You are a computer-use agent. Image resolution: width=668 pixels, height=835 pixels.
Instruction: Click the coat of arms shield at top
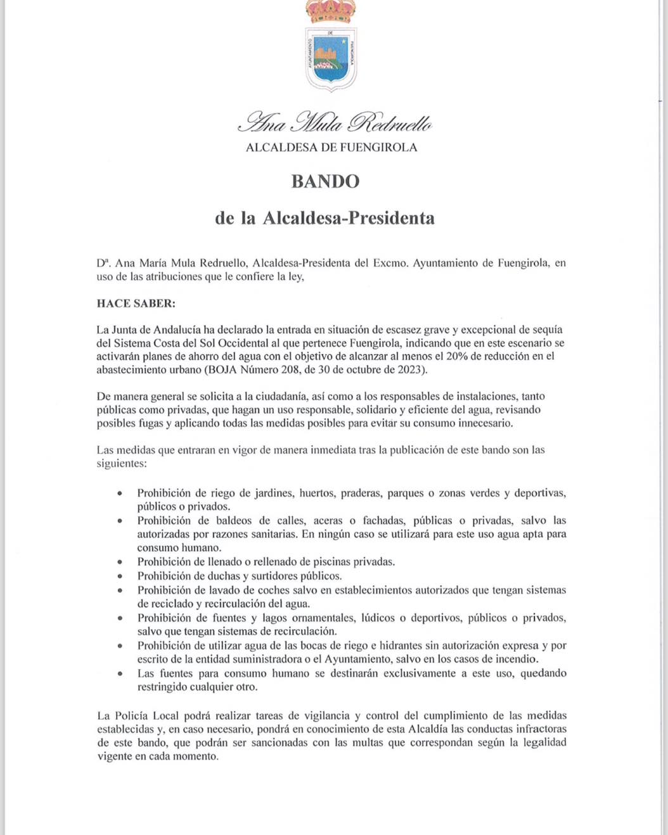331,59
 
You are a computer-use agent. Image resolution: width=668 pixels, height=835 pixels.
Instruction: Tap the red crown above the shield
331,11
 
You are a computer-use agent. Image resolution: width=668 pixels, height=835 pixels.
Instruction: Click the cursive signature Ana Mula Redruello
335,122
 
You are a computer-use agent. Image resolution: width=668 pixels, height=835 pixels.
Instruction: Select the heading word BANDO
325,182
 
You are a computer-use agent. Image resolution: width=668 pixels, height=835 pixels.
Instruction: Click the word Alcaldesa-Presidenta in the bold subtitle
349,219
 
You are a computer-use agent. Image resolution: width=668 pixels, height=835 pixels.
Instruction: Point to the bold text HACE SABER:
136,303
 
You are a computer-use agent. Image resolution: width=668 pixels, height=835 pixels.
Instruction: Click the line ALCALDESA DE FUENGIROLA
331,148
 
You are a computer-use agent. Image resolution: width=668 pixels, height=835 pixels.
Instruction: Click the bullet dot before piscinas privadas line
120,562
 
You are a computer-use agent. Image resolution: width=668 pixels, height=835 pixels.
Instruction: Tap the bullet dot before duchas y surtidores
120,577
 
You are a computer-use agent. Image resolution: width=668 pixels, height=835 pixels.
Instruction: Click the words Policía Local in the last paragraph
147,716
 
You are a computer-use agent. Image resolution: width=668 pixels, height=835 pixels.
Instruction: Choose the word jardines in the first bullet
273,493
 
